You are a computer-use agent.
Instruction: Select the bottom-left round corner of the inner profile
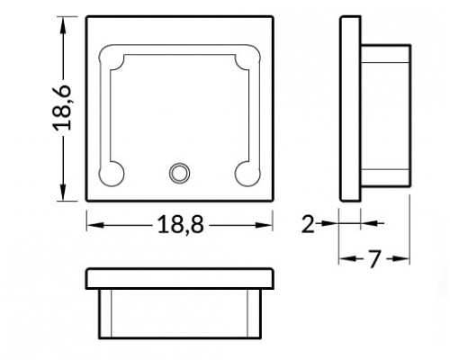(113, 173)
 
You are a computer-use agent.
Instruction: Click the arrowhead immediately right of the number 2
(328, 222)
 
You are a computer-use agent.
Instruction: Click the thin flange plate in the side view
(350, 109)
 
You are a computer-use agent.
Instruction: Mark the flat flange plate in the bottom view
(180, 278)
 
